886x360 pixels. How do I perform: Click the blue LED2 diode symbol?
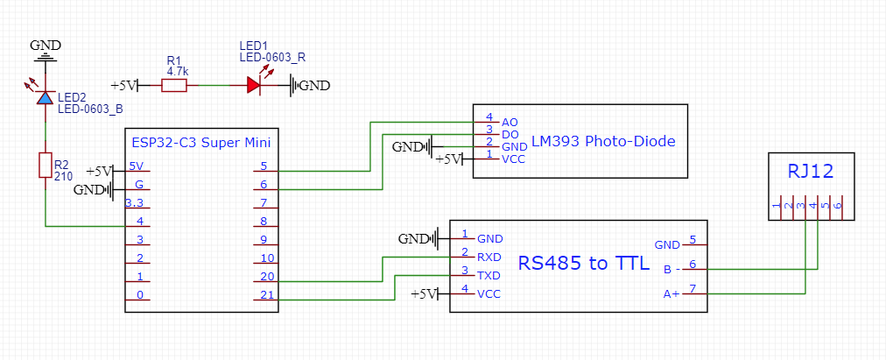pyautogui.click(x=45, y=97)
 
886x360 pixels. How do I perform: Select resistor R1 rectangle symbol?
pyautogui.click(x=174, y=85)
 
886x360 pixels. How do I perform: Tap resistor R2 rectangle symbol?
pyautogui.click(x=45, y=165)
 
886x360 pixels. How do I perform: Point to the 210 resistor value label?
pyautogui.click(x=63, y=175)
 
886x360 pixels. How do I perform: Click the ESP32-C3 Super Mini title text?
pyautogui.click(x=200, y=140)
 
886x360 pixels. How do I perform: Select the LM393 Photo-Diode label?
pyautogui.click(x=603, y=141)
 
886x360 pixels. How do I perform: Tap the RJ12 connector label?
pyautogui.click(x=810, y=173)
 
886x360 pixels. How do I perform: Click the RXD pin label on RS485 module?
pyautogui.click(x=489, y=258)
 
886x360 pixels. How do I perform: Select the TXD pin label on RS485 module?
pyautogui.click(x=489, y=276)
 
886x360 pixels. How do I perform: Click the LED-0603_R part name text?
pyautogui.click(x=272, y=57)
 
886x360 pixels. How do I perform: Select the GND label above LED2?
pyautogui.click(x=45, y=45)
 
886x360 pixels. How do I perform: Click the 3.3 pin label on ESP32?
pyautogui.click(x=135, y=202)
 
